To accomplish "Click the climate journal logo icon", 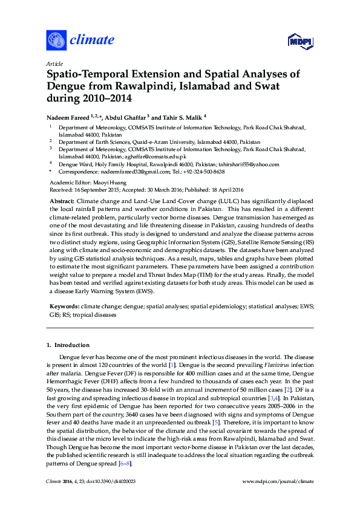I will [56, 41].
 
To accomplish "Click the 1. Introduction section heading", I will [68, 345].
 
